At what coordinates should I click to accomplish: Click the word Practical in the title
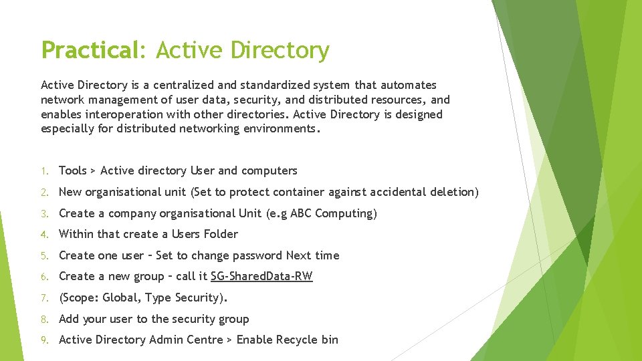point(89,50)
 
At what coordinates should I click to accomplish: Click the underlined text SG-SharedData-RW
point(261,276)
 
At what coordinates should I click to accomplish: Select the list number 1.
point(43,171)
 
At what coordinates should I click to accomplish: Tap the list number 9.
point(43,340)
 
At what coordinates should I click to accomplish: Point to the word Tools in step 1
point(73,170)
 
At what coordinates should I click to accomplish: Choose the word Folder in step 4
point(219,234)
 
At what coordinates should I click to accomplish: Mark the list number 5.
point(43,256)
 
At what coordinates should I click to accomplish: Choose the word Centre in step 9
point(205,340)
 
